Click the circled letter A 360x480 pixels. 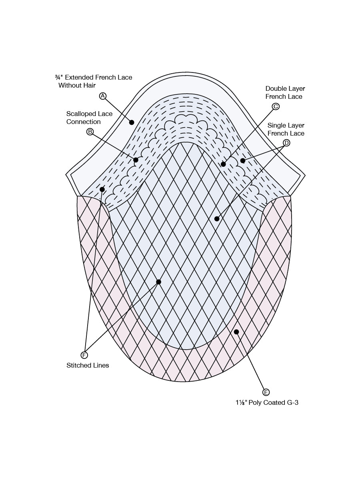102,96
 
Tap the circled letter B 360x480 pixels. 90,132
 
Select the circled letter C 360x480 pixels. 276,106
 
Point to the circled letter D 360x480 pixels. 286,143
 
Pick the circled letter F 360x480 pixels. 84,355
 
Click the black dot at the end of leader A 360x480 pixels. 132,122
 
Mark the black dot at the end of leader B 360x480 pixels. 136,160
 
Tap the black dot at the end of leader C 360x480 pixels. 223,164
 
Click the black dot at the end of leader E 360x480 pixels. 236,332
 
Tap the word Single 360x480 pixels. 276,126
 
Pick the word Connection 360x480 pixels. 84,122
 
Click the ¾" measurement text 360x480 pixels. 59,77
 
